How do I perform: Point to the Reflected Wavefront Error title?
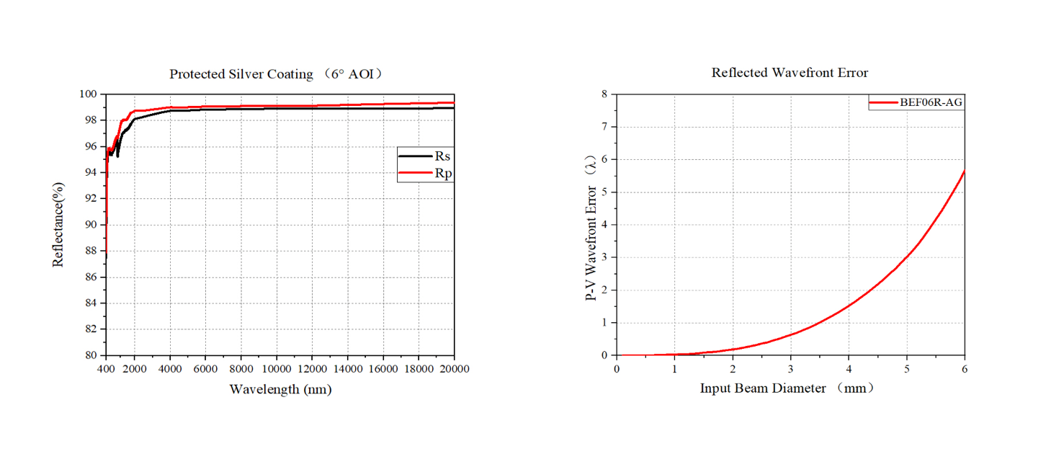pyautogui.click(x=790, y=73)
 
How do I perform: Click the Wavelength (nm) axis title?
pyautogui.click(x=280, y=389)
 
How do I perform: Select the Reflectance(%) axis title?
pyautogui.click(x=58, y=225)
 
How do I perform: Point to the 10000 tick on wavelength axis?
pyautogui.click(x=277, y=369)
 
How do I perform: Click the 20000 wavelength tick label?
pyautogui.click(x=454, y=369)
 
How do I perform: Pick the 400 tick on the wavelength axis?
pyautogui.click(x=106, y=369)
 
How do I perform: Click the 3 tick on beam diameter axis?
pyautogui.click(x=791, y=369)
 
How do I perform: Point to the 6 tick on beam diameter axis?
pyautogui.click(x=965, y=369)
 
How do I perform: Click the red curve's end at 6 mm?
pyautogui.click(x=965, y=170)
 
